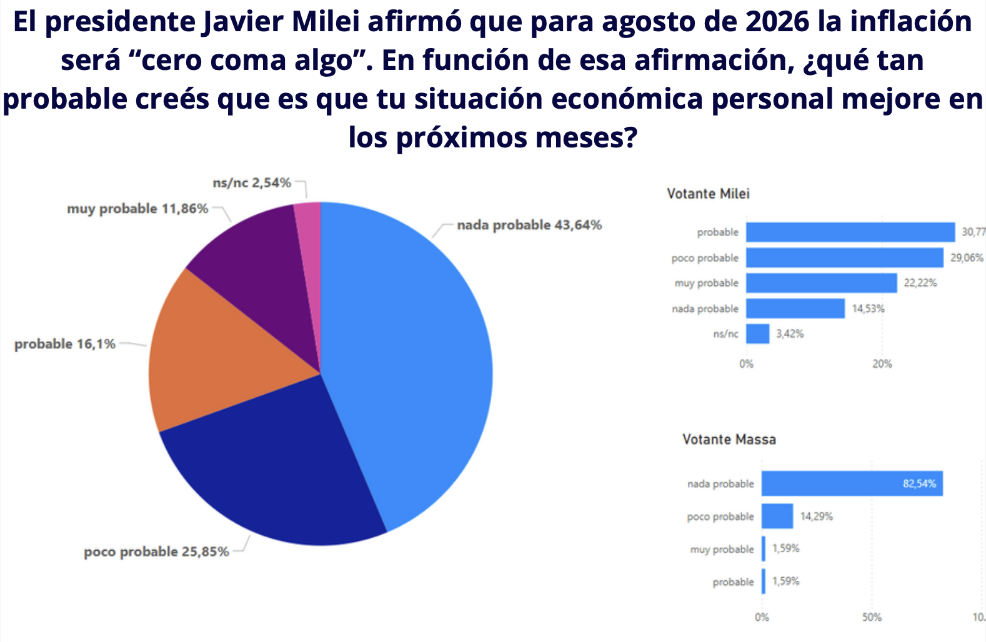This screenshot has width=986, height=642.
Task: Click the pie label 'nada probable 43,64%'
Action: coord(529,225)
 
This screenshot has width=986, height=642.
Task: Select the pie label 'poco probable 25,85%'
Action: coord(156,552)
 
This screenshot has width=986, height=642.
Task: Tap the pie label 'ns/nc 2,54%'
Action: coord(252,183)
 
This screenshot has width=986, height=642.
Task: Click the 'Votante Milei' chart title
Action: coord(708,194)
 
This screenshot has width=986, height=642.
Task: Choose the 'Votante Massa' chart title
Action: coord(729,440)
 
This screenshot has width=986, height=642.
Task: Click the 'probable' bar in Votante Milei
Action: coord(850,232)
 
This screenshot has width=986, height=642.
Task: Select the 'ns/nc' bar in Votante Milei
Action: coord(757,334)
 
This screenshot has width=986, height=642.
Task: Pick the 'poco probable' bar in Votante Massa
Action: coord(777,516)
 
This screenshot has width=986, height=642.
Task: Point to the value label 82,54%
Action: coord(919,484)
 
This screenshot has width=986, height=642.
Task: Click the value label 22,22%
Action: coord(920,284)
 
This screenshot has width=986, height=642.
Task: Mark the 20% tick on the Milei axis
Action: coord(882,364)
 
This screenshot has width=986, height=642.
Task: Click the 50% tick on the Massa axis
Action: coord(872,617)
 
